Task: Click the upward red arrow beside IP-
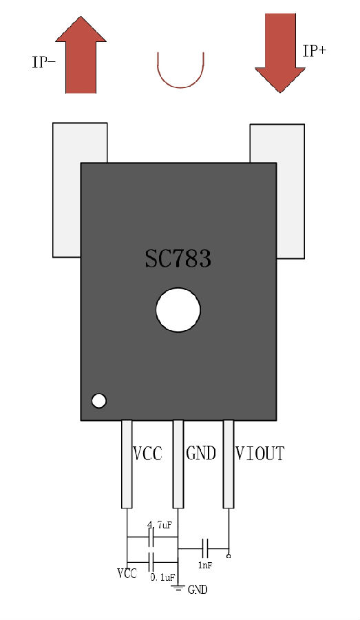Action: pos(81,54)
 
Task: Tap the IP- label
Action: pos(43,62)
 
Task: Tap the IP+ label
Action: pos(314,51)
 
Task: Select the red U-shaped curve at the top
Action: pos(180,87)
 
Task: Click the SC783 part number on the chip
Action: pos(178,258)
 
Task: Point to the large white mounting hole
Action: pos(178,309)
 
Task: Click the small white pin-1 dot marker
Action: pos(99,401)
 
